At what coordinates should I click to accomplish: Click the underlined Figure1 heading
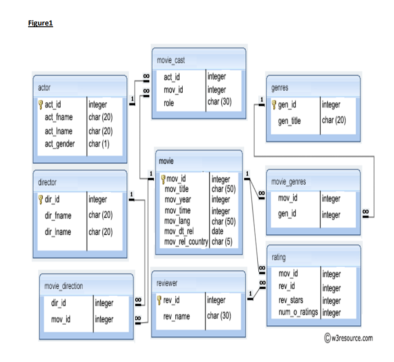[40, 23]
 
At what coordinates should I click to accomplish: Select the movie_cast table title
[171, 60]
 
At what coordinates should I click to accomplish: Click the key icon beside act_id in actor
[40, 104]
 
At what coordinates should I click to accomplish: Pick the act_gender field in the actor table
[59, 144]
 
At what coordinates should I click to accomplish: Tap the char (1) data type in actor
[99, 144]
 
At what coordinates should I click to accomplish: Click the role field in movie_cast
[169, 103]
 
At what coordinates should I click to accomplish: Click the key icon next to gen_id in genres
[274, 104]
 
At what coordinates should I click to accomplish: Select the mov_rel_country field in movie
[186, 242]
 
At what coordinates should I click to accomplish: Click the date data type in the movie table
[217, 231]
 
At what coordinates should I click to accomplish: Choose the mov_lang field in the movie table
[177, 221]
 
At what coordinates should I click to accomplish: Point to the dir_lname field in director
[58, 232]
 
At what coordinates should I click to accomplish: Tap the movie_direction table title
[63, 286]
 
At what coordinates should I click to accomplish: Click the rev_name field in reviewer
[176, 316]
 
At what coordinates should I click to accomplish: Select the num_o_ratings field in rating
[298, 312]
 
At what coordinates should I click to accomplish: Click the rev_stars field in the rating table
[290, 301]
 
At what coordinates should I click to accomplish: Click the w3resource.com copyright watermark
[348, 338]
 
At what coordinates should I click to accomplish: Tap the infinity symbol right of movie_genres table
[365, 212]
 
